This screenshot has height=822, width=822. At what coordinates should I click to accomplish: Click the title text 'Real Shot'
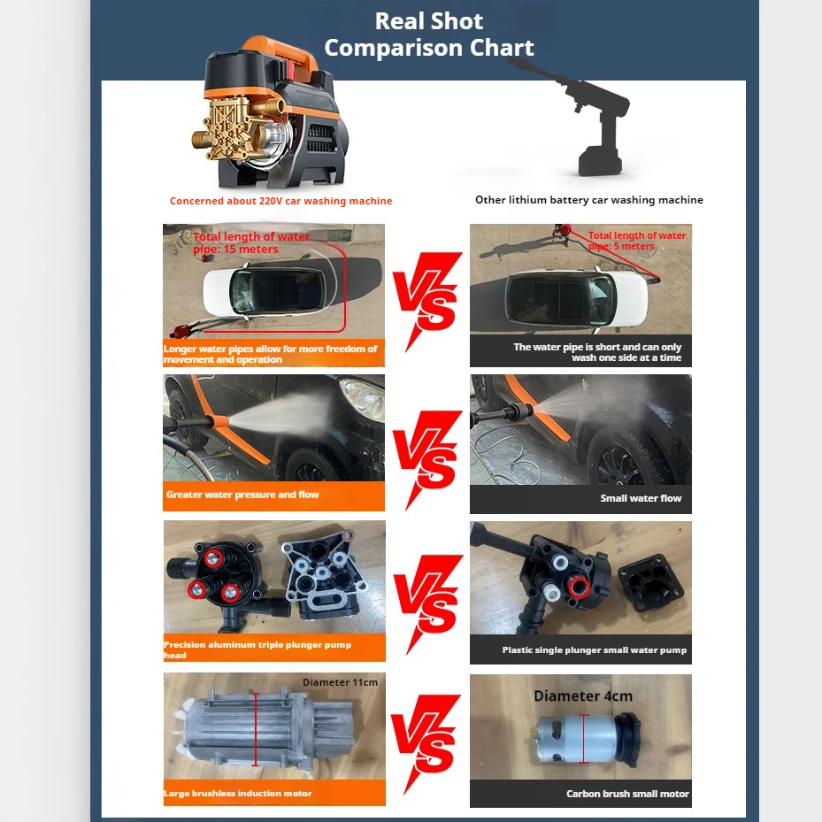point(428,20)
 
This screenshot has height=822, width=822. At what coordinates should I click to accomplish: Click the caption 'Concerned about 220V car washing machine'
point(280,201)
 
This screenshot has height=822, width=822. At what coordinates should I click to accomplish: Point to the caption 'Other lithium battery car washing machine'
point(588,200)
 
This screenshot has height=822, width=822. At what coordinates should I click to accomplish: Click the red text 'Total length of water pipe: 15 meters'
point(251,242)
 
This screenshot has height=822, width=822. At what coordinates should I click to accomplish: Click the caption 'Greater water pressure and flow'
point(242,495)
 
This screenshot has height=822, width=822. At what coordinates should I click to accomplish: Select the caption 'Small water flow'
point(641,498)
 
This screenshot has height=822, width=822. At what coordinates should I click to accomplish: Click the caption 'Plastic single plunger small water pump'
point(594,649)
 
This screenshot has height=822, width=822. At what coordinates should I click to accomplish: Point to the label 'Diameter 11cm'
point(340,682)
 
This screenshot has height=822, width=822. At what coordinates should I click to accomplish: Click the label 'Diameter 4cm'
point(582,696)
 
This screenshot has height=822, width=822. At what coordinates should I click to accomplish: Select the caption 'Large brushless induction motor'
point(237,794)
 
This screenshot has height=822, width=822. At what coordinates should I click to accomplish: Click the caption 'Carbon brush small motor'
point(627,794)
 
